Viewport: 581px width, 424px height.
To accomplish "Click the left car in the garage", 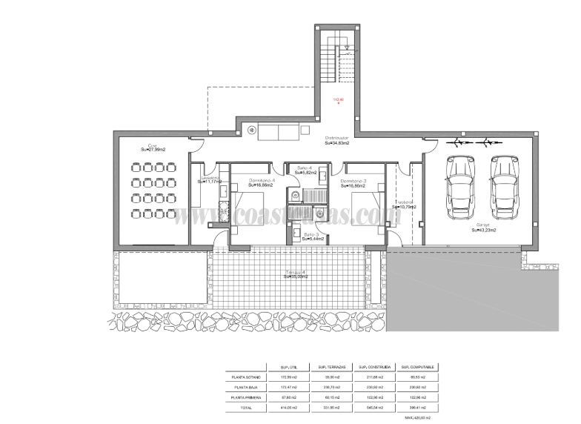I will [x=459, y=188].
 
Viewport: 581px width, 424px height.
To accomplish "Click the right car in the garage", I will [x=505, y=188].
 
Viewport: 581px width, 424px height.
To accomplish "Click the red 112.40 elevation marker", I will [x=339, y=99].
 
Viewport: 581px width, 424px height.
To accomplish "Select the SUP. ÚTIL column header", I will [x=288, y=367].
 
